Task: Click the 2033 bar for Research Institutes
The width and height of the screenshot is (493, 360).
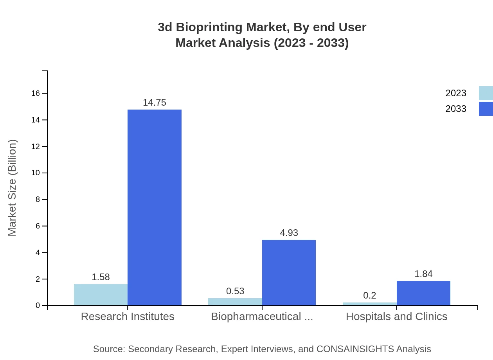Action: (154, 207)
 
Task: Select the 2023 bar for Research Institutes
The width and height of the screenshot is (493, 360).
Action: (101, 295)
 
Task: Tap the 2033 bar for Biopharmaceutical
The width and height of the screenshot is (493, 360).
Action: (289, 272)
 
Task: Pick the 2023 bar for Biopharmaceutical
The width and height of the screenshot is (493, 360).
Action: (235, 302)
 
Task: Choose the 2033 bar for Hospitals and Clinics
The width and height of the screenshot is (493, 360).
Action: (423, 293)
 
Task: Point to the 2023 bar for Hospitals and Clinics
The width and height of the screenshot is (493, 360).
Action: (369, 304)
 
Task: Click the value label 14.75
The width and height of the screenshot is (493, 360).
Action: (154, 103)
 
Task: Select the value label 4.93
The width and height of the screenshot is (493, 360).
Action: (289, 233)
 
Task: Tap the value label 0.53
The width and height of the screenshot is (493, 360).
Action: (235, 291)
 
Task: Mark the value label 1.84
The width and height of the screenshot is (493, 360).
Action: (423, 274)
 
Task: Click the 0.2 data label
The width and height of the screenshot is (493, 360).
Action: (369, 295)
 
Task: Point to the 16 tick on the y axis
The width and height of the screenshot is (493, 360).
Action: (36, 93)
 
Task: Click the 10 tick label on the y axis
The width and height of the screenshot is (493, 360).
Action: (36, 173)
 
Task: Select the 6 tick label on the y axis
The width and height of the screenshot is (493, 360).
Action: (38, 226)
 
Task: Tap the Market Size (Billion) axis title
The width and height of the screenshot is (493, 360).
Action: (12, 188)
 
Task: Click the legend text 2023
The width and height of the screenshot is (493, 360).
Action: (455, 93)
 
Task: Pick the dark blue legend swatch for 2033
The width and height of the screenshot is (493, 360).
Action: (486, 109)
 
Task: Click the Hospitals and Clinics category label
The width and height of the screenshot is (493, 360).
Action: (396, 317)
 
